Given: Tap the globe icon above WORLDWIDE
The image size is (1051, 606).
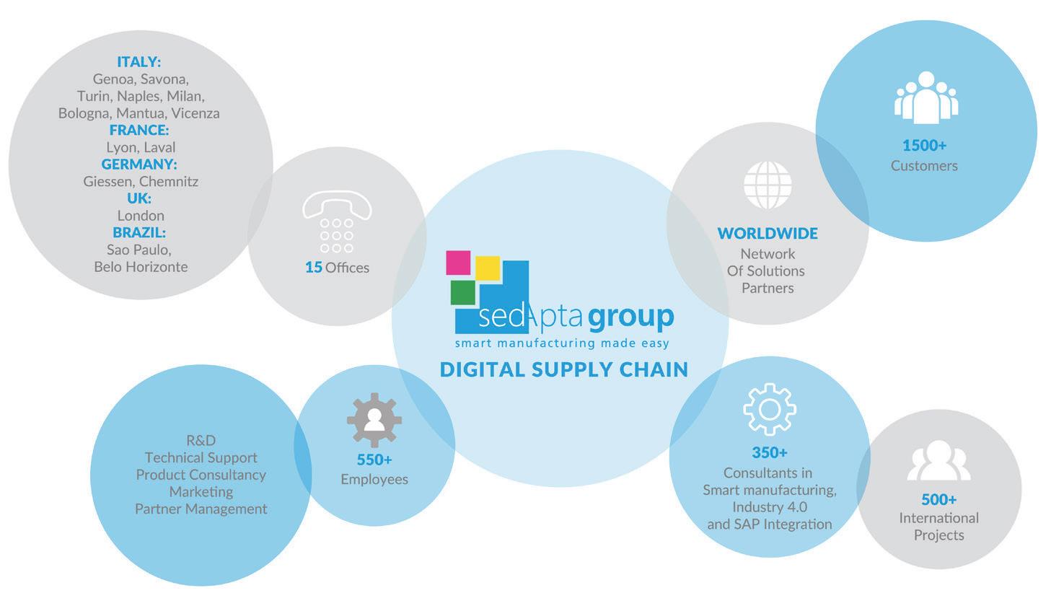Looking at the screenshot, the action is [x=768, y=185].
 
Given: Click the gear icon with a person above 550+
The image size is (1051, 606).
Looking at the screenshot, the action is [x=374, y=420].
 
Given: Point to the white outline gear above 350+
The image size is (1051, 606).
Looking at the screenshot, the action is [x=770, y=409].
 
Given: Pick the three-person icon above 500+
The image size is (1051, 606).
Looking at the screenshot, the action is [x=938, y=461].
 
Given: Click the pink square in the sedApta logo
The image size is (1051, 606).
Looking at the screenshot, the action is [x=458, y=263].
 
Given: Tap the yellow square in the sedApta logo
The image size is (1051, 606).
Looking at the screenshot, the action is [x=488, y=268].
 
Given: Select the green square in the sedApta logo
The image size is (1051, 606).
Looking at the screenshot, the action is [x=463, y=292].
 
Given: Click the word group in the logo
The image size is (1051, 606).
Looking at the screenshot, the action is [x=631, y=317].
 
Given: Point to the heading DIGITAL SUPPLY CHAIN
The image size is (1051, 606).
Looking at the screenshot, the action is [x=564, y=369].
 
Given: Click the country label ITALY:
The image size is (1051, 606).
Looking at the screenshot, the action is [x=139, y=62].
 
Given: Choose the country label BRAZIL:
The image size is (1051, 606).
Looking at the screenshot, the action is [x=139, y=232].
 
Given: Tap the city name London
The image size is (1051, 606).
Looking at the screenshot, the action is [x=141, y=215].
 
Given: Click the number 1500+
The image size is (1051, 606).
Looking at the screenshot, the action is [x=924, y=146].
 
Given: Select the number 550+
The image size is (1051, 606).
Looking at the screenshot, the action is [x=374, y=460].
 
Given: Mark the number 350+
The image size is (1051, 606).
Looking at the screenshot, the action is [x=770, y=453].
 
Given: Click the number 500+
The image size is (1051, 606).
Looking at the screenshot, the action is [x=938, y=499].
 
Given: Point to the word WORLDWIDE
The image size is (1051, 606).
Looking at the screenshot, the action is [x=768, y=234].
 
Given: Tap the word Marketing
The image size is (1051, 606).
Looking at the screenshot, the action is [x=201, y=491].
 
